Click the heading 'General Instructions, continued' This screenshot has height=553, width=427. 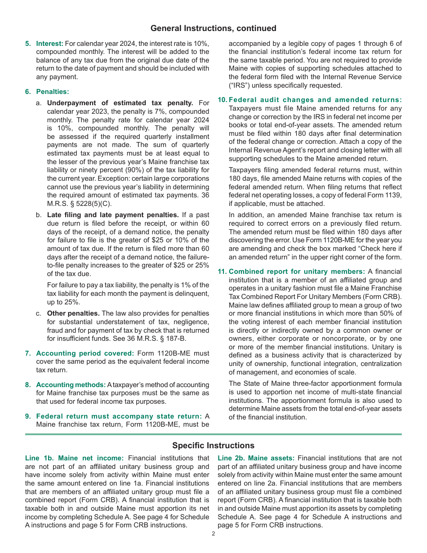point(213,28)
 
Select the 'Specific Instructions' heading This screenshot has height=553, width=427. point(213,446)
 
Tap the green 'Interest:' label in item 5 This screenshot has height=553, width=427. point(50,44)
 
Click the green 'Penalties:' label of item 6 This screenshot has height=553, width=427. point(53,92)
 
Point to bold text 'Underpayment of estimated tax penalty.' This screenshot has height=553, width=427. point(120,103)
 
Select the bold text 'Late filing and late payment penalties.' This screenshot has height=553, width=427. point(113,215)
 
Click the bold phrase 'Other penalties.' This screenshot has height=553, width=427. point(73,313)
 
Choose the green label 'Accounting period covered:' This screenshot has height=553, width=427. point(85,353)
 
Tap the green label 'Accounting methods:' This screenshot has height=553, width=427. point(71,385)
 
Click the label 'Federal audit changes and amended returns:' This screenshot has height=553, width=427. point(315,100)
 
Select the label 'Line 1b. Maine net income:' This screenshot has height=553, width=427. point(74,458)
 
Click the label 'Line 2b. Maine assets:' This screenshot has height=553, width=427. point(256,458)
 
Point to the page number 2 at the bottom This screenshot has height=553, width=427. point(213,534)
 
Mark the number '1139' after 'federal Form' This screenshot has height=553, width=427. point(393,195)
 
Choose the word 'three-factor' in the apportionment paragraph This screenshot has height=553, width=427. point(309,384)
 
